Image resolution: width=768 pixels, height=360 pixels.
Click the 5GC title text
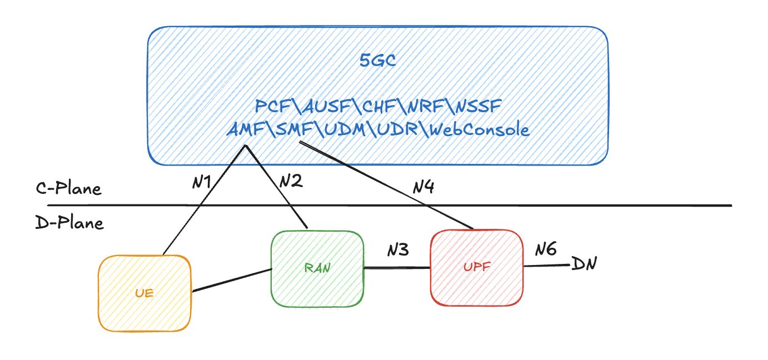[377, 61]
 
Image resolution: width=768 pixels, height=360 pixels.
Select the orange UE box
[144, 293]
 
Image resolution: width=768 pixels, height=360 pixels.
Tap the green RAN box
[317, 268]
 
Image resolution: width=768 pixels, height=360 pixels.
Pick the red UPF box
[477, 267]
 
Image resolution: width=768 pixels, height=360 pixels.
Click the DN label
[584, 264]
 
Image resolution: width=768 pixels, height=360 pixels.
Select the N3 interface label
[398, 250]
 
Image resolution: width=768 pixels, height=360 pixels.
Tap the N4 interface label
[423, 187]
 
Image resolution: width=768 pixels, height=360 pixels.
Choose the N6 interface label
[546, 249]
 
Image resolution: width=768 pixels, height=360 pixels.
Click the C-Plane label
[68, 189]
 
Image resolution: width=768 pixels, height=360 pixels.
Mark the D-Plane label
[69, 223]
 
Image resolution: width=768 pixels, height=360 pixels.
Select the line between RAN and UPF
[397, 268]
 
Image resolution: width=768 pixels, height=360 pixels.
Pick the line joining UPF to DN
[547, 266]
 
